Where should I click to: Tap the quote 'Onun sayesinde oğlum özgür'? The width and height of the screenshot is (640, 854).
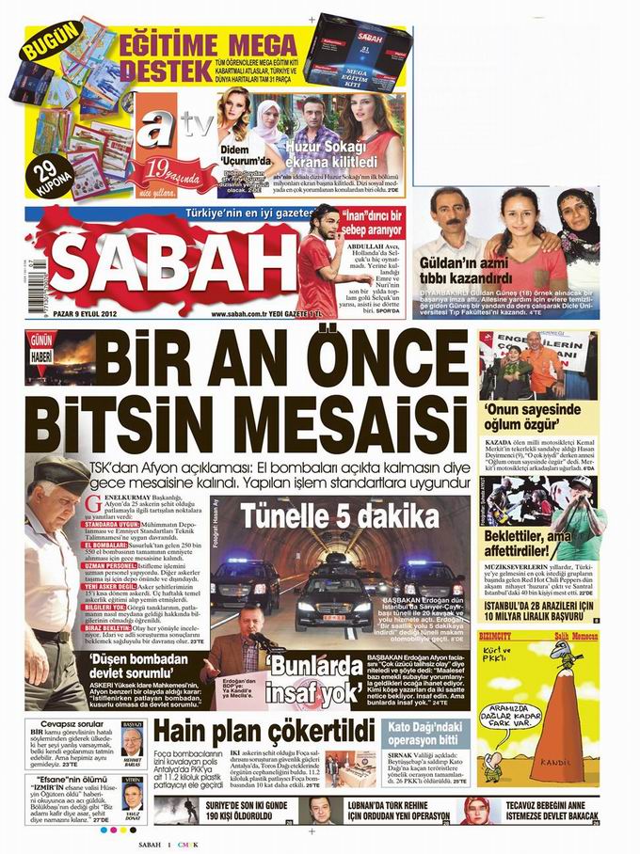click(x=533, y=416)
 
